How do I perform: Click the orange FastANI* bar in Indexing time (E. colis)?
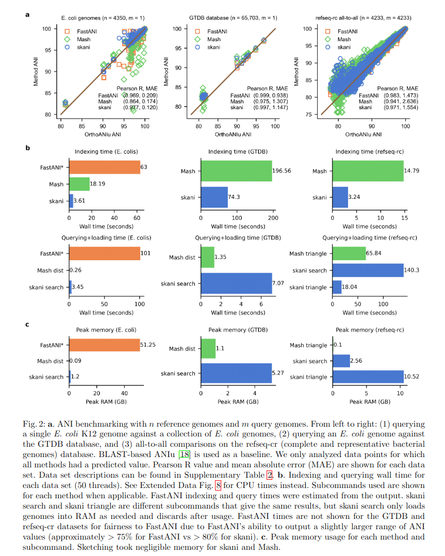point(105,167)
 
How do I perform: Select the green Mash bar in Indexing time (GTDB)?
point(237,171)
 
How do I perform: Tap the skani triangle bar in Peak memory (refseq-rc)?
point(368,377)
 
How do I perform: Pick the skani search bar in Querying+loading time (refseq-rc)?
point(368,270)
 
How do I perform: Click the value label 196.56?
point(284,171)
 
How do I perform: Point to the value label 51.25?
point(149,345)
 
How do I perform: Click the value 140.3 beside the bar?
point(413,270)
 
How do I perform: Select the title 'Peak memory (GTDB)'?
point(237,330)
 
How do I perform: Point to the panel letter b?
point(28,148)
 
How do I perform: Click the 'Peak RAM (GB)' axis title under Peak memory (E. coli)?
point(105,401)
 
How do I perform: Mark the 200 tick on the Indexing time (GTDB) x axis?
point(273,218)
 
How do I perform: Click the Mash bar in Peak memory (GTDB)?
point(208,349)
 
